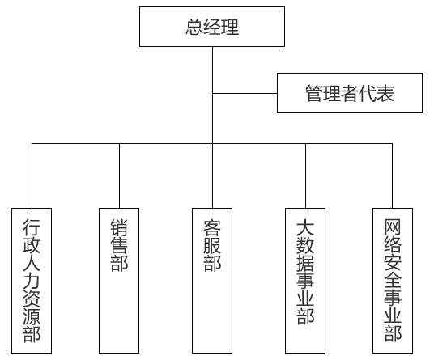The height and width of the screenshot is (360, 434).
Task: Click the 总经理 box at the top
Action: pos(212,27)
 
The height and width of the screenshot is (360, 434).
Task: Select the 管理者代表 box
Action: pos(350,93)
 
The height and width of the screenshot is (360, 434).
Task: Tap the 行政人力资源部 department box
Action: pos(32,281)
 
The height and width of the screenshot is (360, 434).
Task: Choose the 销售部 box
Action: pos(119,281)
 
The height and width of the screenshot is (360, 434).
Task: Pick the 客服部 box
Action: pos(212,281)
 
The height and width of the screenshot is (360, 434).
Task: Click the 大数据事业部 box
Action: pos(305,281)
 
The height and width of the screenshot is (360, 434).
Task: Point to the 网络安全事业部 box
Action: pos(393,281)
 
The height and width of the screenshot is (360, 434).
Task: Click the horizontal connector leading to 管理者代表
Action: pos(245,94)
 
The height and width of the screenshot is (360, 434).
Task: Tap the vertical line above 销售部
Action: pos(119,176)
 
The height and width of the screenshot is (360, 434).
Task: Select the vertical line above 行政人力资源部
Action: pos(32,176)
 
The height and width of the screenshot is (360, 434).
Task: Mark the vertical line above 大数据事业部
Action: pos(305,176)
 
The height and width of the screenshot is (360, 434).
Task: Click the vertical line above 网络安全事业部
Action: pos(392,176)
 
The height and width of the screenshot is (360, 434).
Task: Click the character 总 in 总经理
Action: pos(194,27)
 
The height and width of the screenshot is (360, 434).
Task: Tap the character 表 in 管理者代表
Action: pos(385,93)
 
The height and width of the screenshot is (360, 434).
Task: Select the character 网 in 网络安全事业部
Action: pos(393,227)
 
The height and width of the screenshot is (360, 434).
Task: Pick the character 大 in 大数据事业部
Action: pos(305,228)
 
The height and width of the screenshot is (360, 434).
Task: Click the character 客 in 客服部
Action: pos(212,228)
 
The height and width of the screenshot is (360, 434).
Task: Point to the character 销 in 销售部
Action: pos(119,228)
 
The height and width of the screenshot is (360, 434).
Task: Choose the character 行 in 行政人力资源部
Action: pos(32,227)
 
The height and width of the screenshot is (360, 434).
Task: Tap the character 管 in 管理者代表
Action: pos(314,93)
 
